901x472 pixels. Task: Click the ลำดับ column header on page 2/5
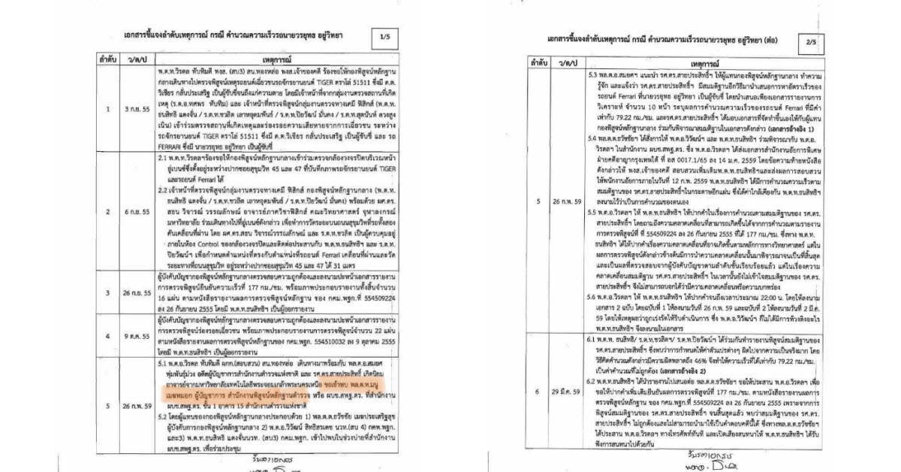point(536,67)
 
